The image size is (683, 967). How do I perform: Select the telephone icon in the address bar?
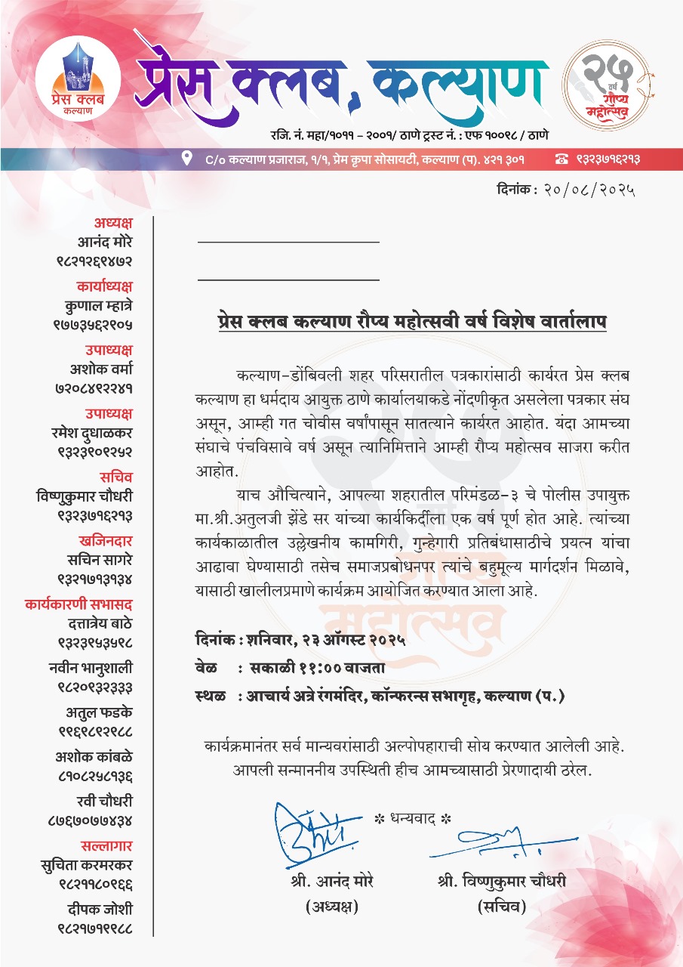tap(561, 159)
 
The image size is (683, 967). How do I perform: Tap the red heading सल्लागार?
tap(106, 845)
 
